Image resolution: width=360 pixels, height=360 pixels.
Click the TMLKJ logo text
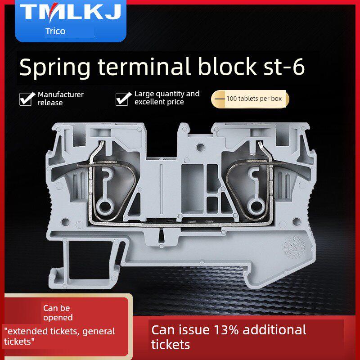(71, 12)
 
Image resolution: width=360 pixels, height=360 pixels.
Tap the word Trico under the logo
(55, 31)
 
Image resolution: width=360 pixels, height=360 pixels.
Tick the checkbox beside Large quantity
(123, 99)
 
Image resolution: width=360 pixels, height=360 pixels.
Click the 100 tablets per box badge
(250, 99)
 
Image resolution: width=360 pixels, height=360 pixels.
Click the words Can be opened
(58, 313)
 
